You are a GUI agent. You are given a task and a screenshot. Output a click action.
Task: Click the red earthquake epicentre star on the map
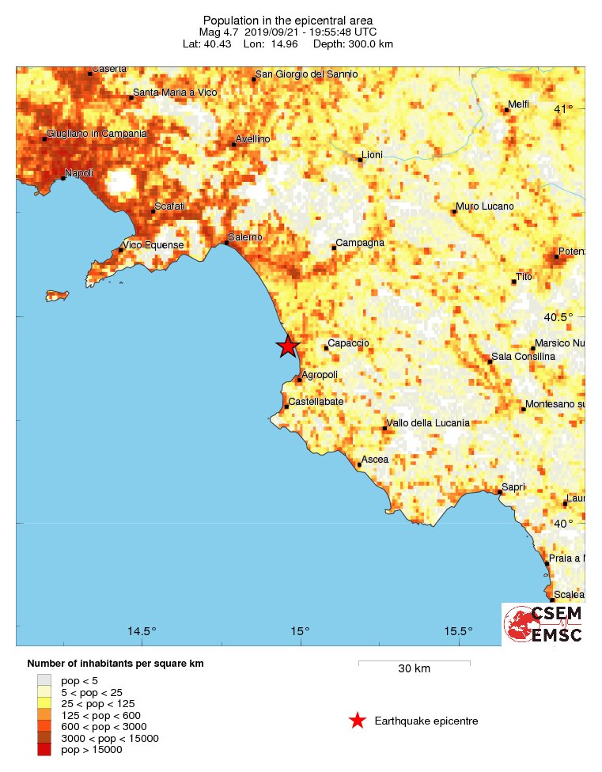287,346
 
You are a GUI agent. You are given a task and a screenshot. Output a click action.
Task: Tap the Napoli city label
79,173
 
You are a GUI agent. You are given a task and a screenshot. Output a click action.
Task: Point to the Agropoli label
320,374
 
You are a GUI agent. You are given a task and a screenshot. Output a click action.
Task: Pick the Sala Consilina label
523,357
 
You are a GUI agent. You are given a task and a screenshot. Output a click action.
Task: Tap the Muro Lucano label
485,206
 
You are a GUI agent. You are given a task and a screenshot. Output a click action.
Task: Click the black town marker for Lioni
360,161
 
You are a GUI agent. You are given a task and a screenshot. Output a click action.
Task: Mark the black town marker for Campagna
334,248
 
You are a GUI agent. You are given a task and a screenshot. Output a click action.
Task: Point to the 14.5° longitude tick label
142,631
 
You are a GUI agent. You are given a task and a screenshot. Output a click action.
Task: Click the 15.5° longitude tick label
459,631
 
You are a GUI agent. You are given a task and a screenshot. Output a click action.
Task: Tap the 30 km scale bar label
414,669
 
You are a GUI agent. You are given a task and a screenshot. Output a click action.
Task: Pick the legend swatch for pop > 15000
44,750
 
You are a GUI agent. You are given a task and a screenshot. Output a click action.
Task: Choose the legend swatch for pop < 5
44,679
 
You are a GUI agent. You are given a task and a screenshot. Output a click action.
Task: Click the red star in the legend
358,721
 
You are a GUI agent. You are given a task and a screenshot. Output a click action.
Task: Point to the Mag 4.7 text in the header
219,32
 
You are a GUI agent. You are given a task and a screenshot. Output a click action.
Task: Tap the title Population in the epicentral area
288,20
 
